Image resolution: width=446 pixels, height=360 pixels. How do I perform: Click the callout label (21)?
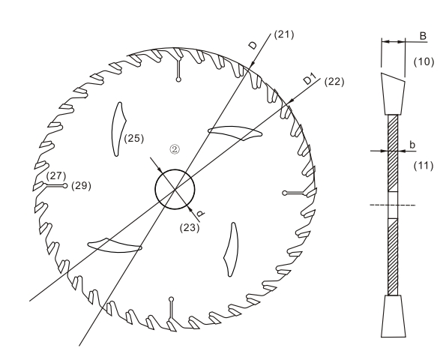point(284,34)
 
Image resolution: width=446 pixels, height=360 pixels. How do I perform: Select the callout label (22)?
point(334,82)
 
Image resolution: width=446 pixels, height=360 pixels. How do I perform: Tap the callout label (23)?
point(190,228)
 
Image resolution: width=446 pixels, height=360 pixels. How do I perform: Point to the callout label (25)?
point(134,139)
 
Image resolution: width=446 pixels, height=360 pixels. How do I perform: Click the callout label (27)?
point(56,175)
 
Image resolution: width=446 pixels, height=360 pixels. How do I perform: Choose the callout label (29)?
point(81,186)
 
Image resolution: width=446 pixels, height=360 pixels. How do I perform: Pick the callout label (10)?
point(424,61)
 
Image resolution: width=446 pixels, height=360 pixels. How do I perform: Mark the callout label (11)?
point(424,166)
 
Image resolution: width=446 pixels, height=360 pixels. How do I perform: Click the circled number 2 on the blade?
point(175,149)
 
